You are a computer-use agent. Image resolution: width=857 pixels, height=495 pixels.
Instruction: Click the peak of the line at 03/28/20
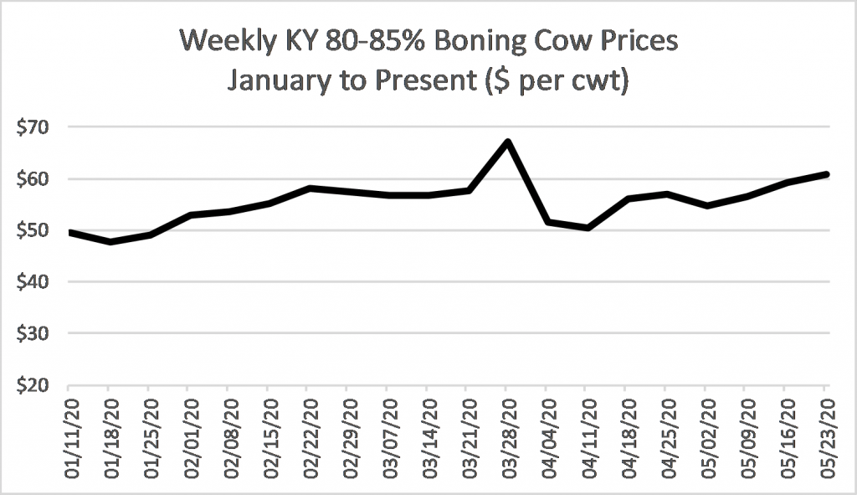(507, 142)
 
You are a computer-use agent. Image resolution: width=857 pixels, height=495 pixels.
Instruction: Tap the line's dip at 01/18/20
(109, 241)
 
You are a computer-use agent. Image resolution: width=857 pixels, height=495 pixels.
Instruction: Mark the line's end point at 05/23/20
(825, 174)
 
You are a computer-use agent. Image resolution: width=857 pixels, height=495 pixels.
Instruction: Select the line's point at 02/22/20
(308, 188)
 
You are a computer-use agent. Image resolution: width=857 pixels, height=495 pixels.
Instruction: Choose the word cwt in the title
(598, 85)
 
